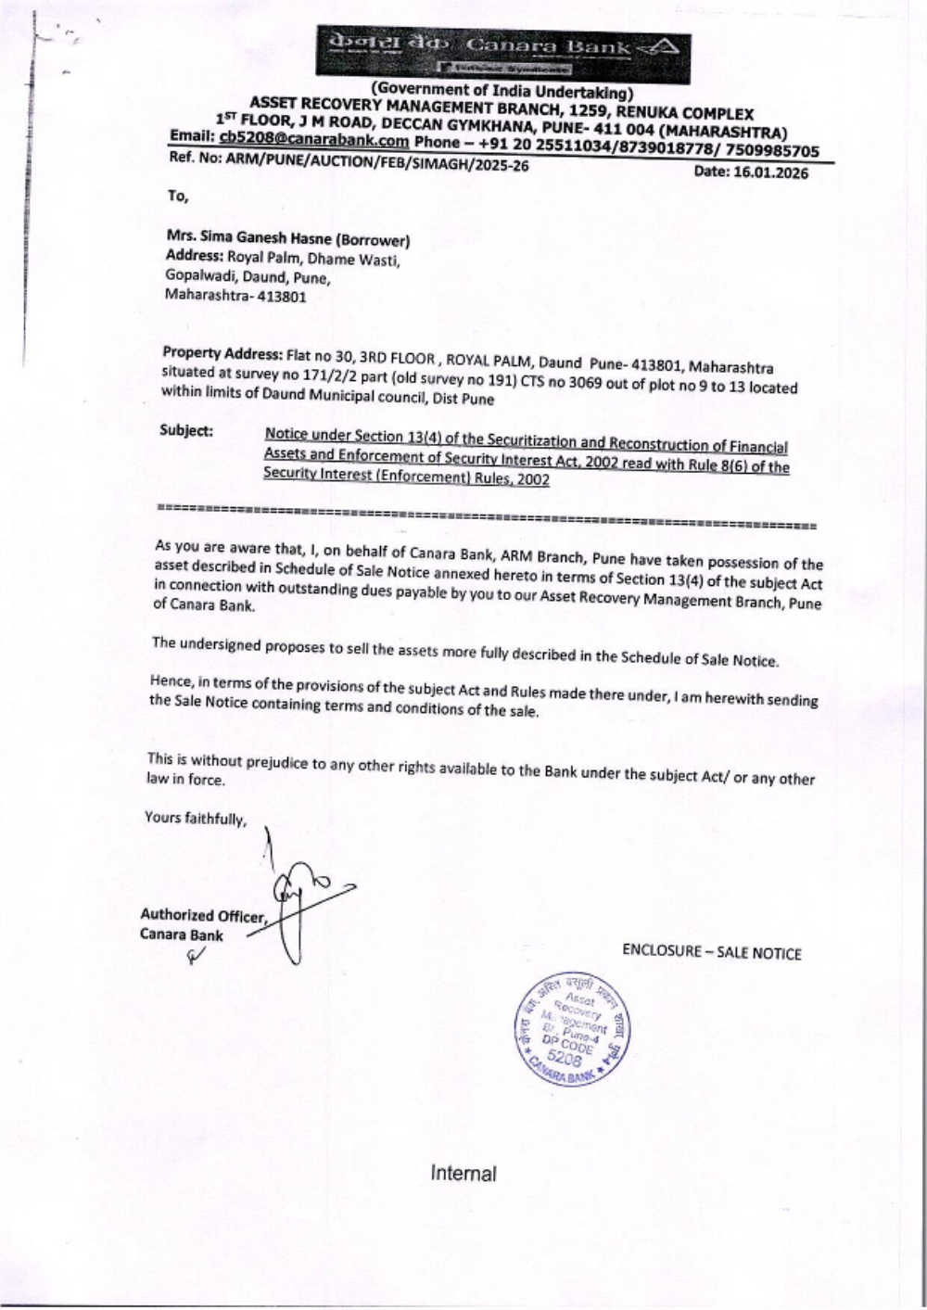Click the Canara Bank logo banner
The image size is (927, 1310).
(x=503, y=54)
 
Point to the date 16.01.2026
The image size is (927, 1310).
(x=770, y=172)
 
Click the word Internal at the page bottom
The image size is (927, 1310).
(x=463, y=1174)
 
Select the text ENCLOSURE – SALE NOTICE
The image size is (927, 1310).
(x=711, y=952)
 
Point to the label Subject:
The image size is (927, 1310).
(x=186, y=430)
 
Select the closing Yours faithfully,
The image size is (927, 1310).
(x=196, y=818)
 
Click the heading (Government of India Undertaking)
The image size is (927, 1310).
(x=502, y=91)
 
